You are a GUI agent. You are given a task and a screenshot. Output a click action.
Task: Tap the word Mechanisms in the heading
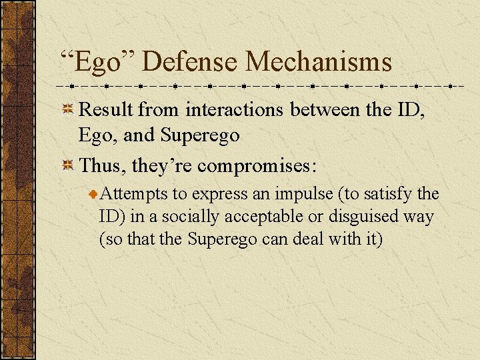(319, 62)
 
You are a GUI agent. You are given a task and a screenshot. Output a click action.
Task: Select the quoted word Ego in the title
(98, 62)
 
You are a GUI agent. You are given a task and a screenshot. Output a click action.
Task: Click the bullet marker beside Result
(67, 111)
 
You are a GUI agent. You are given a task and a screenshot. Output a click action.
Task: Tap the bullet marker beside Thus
(67, 165)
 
